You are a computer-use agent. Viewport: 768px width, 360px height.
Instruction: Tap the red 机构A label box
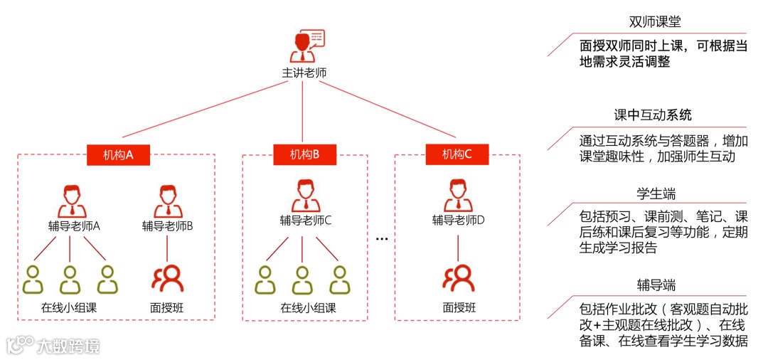tap(118, 154)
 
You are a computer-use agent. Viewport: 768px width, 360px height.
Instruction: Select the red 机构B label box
tap(305, 154)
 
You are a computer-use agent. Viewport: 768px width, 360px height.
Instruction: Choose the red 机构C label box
tap(457, 154)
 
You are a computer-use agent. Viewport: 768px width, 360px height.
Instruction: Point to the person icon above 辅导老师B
tap(167, 201)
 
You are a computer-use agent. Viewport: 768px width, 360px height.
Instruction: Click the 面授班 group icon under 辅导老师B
tap(168, 278)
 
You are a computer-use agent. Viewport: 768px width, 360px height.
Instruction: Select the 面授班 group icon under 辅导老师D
tap(458, 278)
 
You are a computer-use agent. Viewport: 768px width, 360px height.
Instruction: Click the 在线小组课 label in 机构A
tap(69, 309)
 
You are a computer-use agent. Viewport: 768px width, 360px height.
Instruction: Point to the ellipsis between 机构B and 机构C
tap(381, 238)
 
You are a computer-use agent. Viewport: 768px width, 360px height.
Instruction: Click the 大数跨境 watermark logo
tap(53, 345)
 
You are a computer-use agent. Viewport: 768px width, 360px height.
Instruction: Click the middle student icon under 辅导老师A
tap(69, 280)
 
